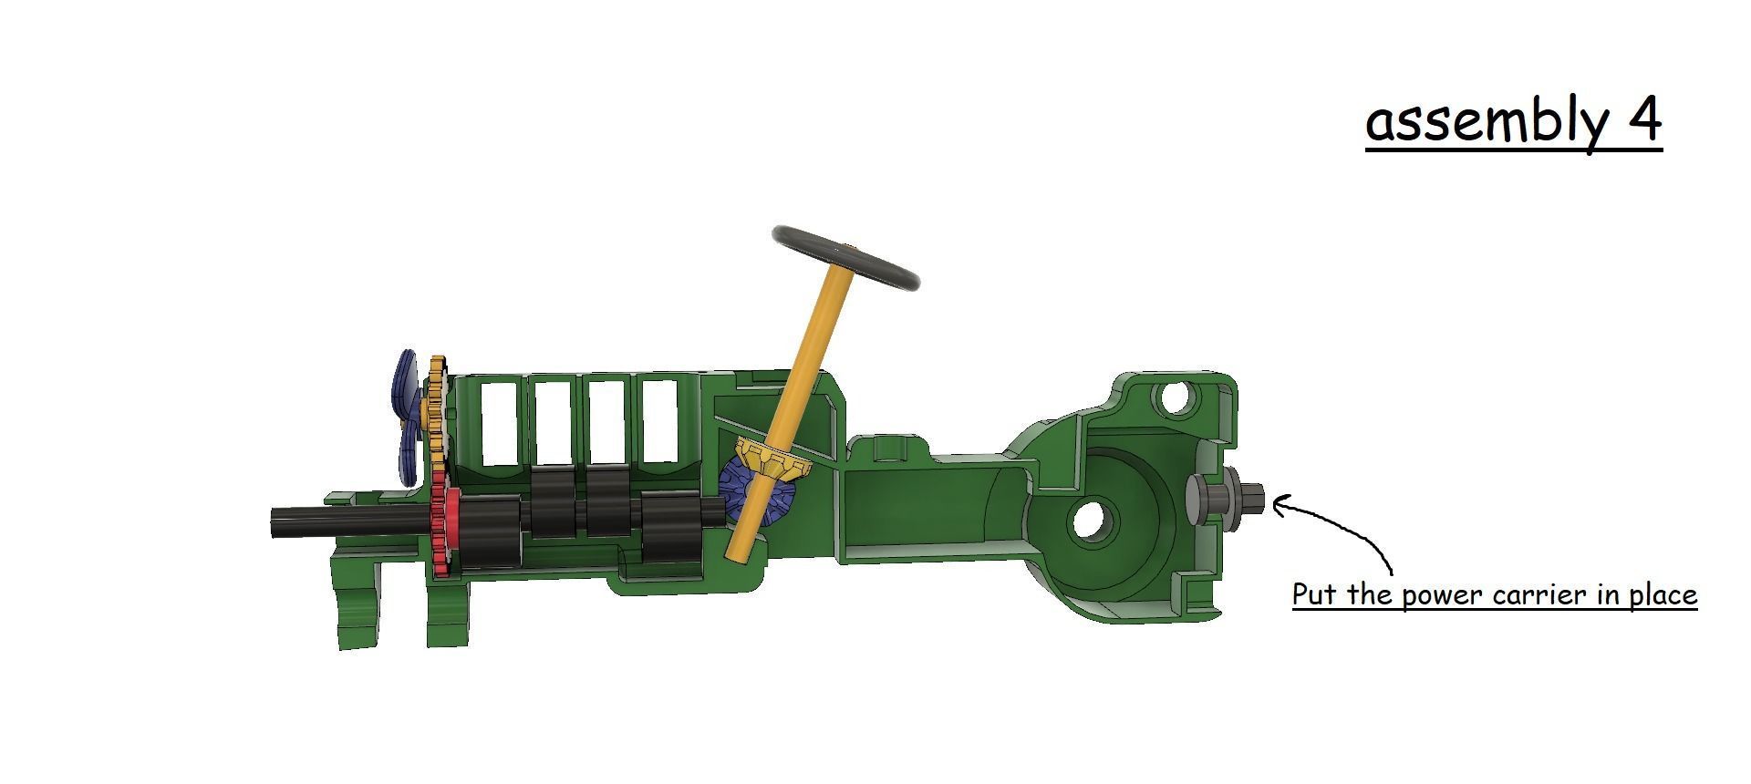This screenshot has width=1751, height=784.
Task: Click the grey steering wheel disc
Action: coord(845,258)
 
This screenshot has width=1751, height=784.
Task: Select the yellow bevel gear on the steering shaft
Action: coord(773,460)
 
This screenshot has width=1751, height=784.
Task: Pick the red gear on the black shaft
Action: coord(441,533)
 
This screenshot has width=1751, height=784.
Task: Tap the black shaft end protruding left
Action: coord(301,521)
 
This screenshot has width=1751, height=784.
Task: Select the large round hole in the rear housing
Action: coord(1090,522)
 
